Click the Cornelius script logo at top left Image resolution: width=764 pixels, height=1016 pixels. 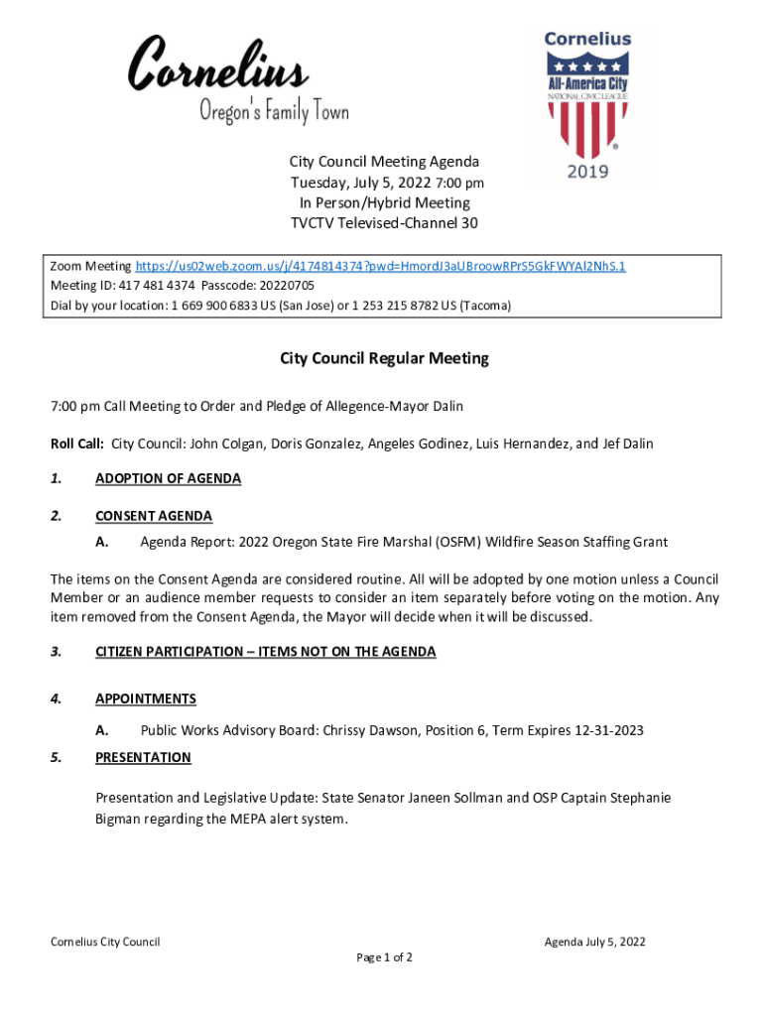click(x=217, y=64)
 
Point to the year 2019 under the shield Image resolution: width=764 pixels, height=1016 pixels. click(x=587, y=172)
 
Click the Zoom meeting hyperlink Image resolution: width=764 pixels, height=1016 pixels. click(x=380, y=266)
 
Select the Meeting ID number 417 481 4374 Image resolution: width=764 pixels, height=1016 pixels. click(x=154, y=286)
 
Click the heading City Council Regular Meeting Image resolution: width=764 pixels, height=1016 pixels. click(x=384, y=358)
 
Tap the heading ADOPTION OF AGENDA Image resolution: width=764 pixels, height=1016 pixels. click(x=168, y=478)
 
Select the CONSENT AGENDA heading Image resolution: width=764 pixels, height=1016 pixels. click(x=153, y=515)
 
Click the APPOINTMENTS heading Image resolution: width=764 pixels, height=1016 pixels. click(x=145, y=698)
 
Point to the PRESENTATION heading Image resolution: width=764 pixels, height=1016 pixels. click(x=143, y=757)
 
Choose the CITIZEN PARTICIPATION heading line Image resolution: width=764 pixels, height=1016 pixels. click(x=265, y=651)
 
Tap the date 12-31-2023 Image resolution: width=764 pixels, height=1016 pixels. click(x=608, y=730)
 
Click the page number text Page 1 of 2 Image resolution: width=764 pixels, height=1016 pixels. click(x=384, y=957)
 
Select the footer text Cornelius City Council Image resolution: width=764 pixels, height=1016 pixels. click(x=105, y=942)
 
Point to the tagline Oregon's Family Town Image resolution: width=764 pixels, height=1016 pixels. click(x=274, y=112)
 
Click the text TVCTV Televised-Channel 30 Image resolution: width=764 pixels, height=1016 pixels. click(x=384, y=223)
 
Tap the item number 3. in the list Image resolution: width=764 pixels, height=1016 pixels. click(x=57, y=651)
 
